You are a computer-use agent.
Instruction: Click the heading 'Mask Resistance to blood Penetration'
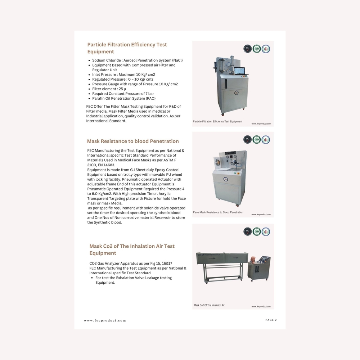pos(133,141)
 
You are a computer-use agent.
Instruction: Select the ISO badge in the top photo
pos(256,49)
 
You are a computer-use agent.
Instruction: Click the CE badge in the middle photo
pos(247,140)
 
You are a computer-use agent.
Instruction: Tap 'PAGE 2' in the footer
pos(271,320)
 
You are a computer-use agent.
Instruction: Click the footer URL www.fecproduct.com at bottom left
pos(105,320)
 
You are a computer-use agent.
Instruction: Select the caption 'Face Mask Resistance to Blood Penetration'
pos(218,212)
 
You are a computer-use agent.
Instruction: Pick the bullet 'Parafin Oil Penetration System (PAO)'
pos(123,98)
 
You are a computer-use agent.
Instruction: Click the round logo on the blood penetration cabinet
pos(225,179)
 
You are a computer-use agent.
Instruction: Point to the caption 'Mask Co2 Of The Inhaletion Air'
pos(209,305)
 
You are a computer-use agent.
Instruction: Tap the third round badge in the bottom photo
pos(266,231)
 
